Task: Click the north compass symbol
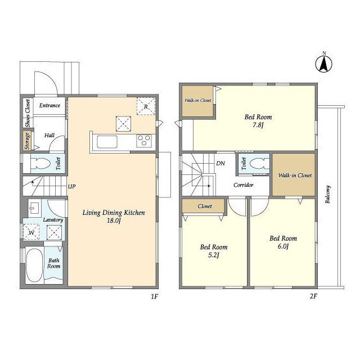click(324, 64)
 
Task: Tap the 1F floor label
click(154, 296)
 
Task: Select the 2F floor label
click(313, 296)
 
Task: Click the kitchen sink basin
click(107, 142)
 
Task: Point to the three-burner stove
click(144, 141)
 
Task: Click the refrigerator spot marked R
click(146, 106)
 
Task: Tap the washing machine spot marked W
click(31, 232)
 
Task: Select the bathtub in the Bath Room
click(34, 265)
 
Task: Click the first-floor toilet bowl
click(40, 164)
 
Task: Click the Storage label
click(27, 141)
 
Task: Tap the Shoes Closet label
click(28, 113)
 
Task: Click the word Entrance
click(49, 105)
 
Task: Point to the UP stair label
click(71, 186)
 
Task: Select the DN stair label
click(220, 163)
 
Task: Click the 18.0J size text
click(114, 220)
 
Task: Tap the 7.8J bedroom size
click(258, 125)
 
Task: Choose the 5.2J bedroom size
click(214, 255)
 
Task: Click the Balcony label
click(327, 194)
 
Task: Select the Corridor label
click(244, 185)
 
